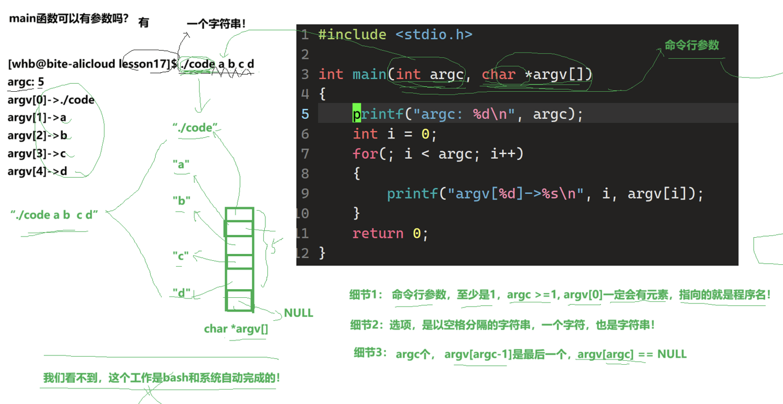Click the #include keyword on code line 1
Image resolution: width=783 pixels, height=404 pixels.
click(353, 35)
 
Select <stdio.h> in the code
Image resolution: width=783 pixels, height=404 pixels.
click(434, 35)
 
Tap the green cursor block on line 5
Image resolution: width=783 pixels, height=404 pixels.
click(357, 114)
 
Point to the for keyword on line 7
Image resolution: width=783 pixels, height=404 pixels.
click(365, 154)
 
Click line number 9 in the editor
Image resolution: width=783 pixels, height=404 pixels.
click(305, 193)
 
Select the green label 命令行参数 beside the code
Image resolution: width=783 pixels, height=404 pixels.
click(692, 45)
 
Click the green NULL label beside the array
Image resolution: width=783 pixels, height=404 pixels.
click(298, 313)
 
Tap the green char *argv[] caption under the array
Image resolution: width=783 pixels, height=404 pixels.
click(236, 329)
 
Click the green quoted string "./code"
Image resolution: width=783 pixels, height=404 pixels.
click(195, 128)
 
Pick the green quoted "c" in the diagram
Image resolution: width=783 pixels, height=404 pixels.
click(181, 256)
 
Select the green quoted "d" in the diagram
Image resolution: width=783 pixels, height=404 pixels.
click(182, 293)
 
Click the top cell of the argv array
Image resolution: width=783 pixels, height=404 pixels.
click(239, 215)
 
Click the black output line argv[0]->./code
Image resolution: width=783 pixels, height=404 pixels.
click(51, 100)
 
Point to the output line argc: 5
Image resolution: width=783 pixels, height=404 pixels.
click(26, 82)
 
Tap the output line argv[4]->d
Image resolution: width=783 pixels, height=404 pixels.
click(38, 171)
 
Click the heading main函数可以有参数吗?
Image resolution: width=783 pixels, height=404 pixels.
click(69, 18)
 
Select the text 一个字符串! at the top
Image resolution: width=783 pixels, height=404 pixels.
click(216, 24)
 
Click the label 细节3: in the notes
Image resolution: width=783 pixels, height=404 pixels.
click(370, 353)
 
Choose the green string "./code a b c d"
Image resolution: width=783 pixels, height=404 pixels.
click(54, 215)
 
